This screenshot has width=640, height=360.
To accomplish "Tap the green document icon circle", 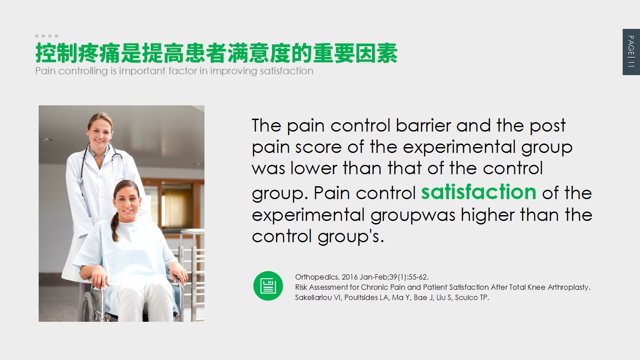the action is pos(268,286).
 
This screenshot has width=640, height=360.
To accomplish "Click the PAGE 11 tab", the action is pos(631,52).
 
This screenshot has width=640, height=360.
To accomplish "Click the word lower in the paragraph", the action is pos(314,168).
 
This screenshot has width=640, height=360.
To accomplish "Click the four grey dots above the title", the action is pos(47,36).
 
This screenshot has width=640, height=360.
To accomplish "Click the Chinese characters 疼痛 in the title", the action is pos(99,53).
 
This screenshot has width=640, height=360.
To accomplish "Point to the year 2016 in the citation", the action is pos(349,277).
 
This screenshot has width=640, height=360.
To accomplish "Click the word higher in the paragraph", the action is pos(488,215).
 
